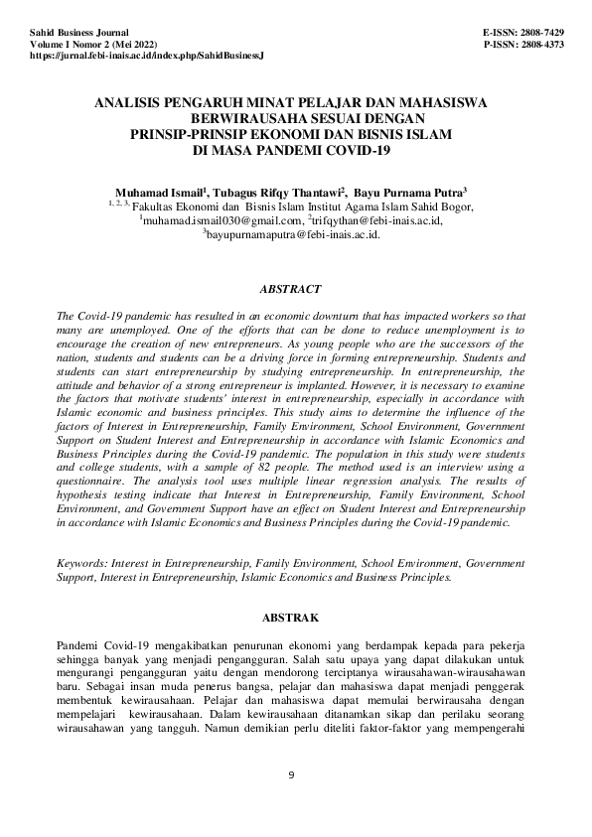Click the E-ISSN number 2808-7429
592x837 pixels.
coord(543,33)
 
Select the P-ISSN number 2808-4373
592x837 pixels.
coord(543,45)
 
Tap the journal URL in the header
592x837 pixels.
coord(147,58)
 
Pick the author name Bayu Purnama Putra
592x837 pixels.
coord(409,190)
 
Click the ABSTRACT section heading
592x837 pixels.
coord(290,289)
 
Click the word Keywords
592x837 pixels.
coord(80,561)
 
